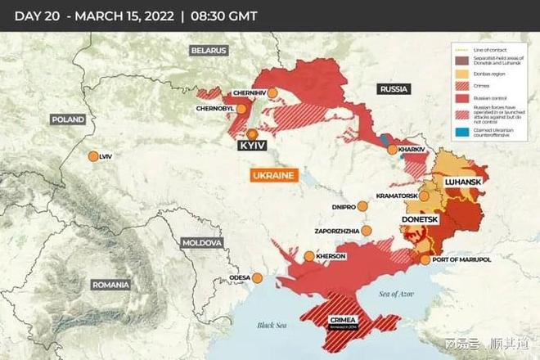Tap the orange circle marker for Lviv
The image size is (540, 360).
tap(93, 156)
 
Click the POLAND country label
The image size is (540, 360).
tap(68, 119)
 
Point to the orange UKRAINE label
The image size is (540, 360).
tap(274, 176)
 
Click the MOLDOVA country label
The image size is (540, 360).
tap(202, 243)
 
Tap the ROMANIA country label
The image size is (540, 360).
tap(110, 285)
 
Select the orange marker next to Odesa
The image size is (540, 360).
tap(258, 277)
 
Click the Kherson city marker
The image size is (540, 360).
tap(309, 256)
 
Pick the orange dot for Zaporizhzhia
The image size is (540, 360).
tap(367, 232)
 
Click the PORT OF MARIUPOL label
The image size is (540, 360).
tap(461, 259)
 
